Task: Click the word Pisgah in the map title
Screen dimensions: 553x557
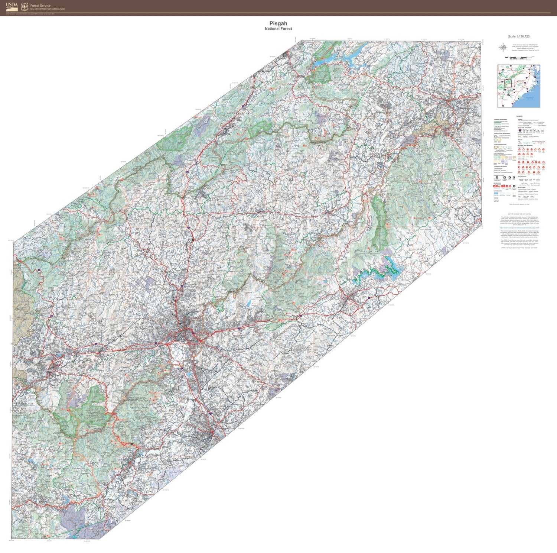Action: point(278,23)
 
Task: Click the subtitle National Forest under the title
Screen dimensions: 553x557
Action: point(278,29)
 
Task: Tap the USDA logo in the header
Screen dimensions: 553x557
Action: point(12,6)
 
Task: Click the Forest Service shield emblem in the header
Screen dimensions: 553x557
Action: point(25,6)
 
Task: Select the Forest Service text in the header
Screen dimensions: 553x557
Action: point(40,6)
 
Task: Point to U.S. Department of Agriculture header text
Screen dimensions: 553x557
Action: point(47,9)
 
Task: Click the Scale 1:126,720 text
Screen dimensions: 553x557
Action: point(519,36)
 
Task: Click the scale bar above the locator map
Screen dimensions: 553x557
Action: point(519,58)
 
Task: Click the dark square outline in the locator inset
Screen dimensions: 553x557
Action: point(508,83)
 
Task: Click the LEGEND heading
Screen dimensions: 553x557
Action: point(519,116)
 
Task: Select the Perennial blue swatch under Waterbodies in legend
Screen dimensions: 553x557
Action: point(496,193)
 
